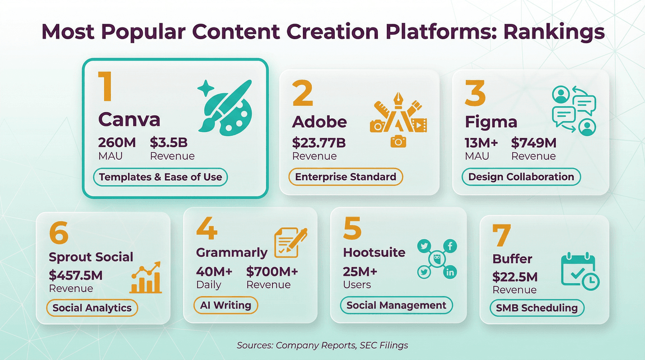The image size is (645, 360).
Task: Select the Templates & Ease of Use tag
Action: coord(160,177)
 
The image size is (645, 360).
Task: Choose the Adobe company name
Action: coord(320,121)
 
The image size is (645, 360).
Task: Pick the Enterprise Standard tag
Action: coord(345,177)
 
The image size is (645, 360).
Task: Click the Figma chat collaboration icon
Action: coord(574,111)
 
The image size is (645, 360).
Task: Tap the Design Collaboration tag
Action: coord(521,177)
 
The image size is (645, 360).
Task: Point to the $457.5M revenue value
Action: coord(76,275)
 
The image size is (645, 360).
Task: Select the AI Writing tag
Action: coord(226,305)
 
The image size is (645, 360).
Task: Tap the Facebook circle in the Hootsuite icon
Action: coord(450,245)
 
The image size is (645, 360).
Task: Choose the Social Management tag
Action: coord(396,305)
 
